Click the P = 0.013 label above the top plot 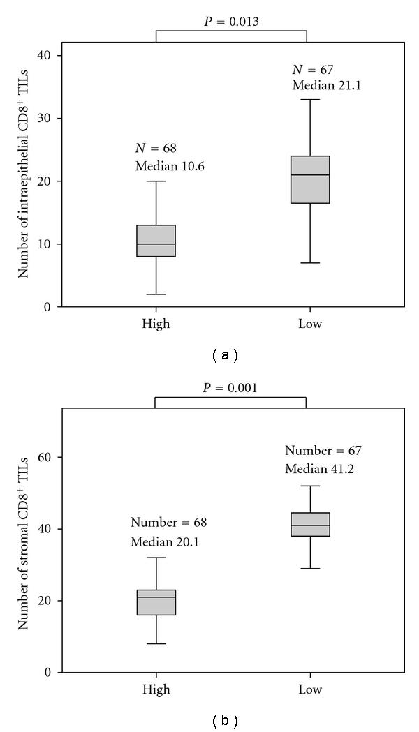(230, 21)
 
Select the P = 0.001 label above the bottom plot (230, 387)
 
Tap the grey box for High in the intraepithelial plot (156, 241)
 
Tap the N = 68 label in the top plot (155, 148)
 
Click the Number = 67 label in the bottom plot (323, 450)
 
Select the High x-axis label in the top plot (156, 324)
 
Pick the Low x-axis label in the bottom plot (310, 689)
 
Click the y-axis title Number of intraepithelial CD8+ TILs (25, 180)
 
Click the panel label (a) (225, 355)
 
